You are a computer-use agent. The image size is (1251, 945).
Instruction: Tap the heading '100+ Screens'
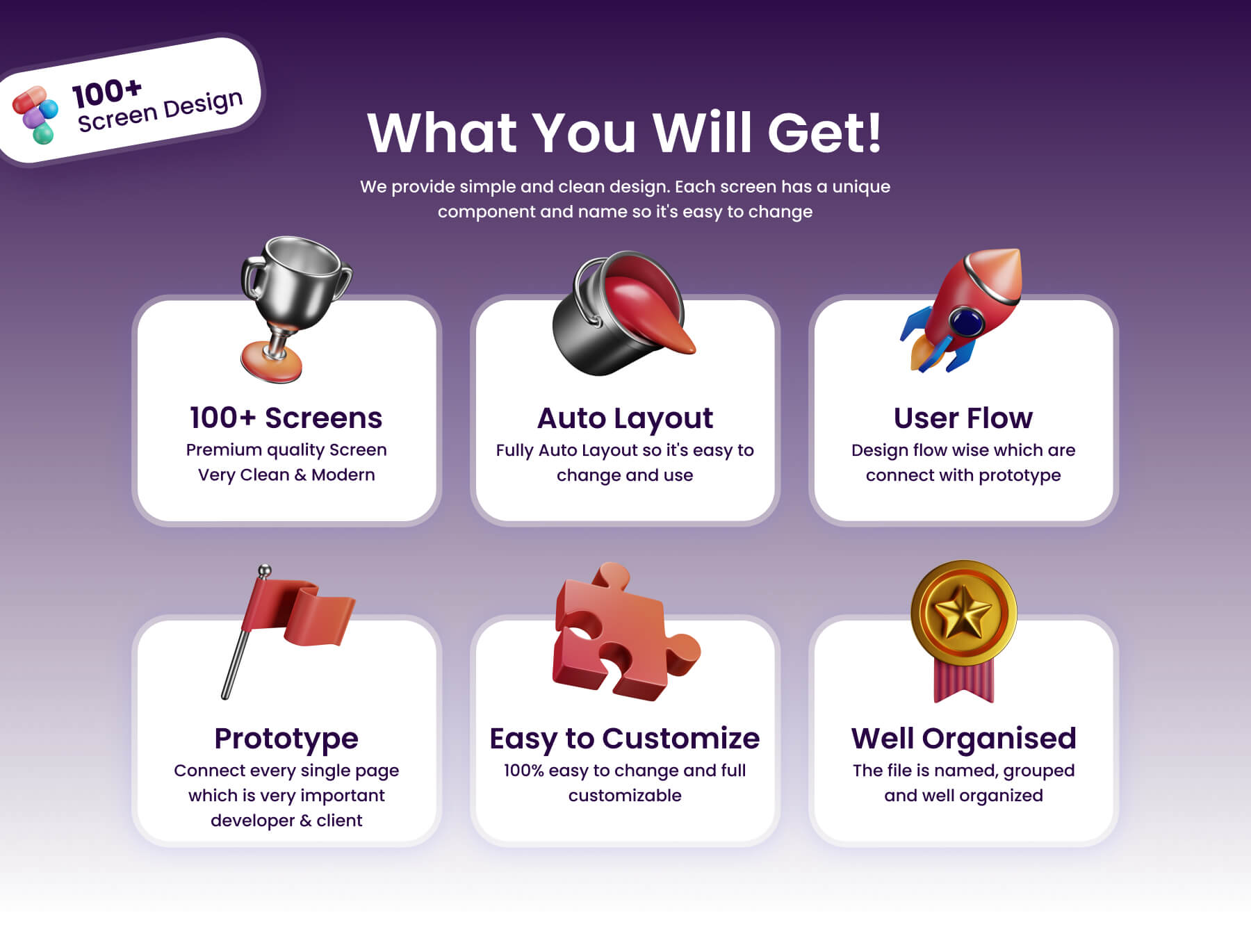(286, 418)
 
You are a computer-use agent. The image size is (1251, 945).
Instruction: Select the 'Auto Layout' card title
(625, 418)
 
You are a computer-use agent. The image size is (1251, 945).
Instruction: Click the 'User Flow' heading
(963, 418)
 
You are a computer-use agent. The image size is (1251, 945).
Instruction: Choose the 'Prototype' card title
(286, 739)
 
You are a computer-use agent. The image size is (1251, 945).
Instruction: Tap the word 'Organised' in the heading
(999, 739)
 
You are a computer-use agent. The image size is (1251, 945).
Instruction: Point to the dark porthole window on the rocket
(967, 322)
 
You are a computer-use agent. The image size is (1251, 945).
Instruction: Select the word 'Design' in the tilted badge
(203, 105)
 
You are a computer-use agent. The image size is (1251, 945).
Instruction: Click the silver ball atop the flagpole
(264, 571)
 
